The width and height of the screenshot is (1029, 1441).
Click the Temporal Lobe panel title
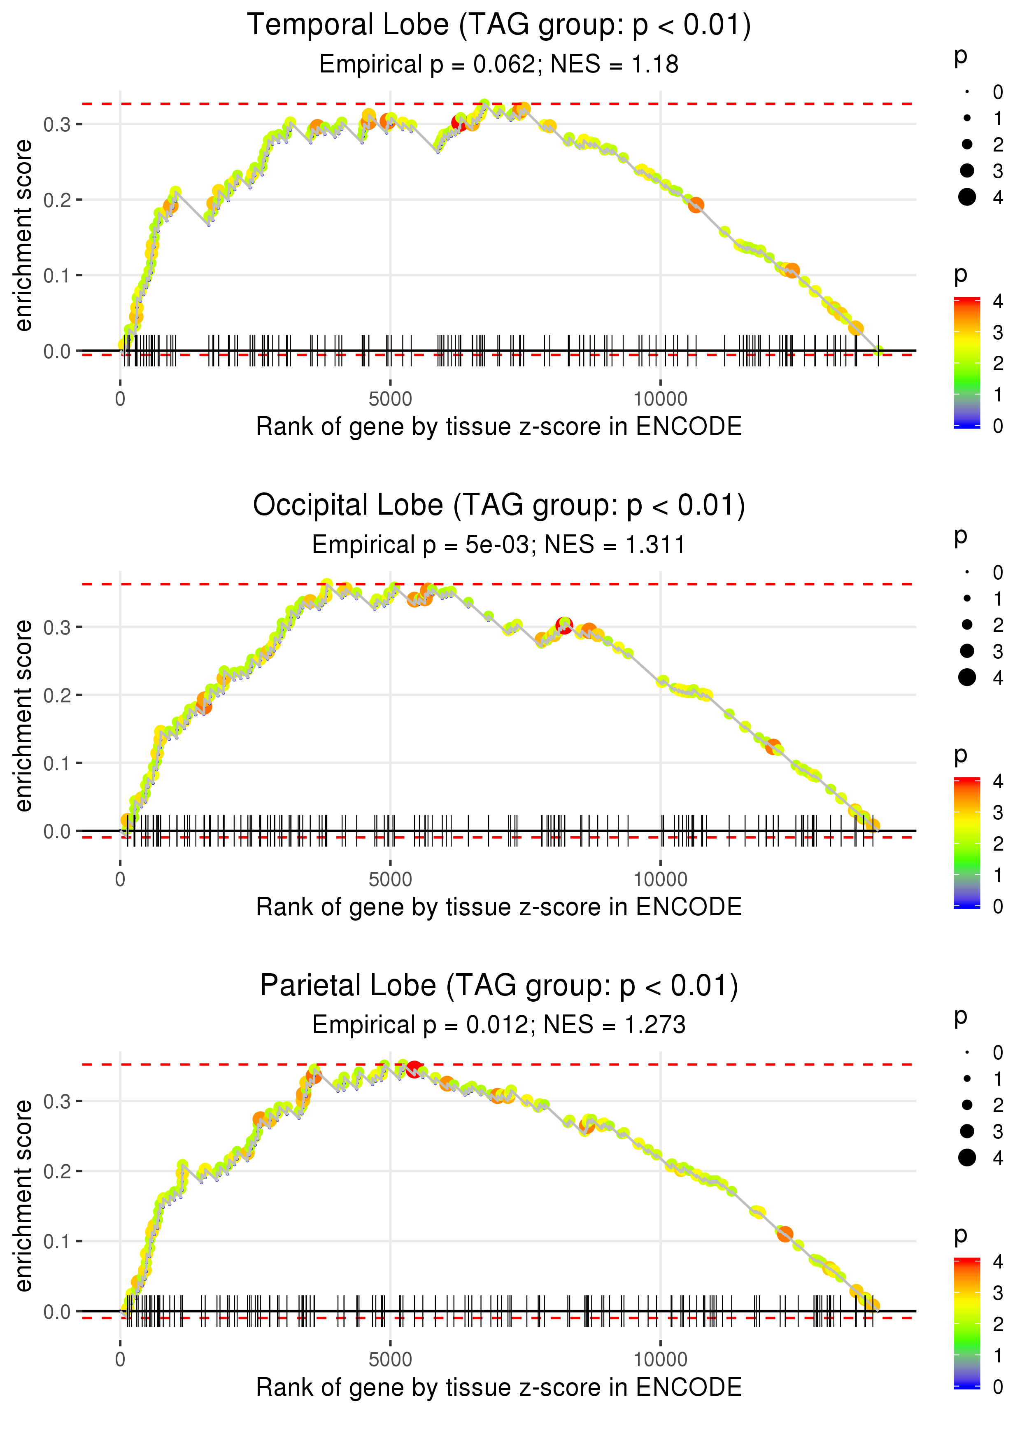pos(499,26)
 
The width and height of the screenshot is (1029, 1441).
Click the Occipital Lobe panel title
pos(499,506)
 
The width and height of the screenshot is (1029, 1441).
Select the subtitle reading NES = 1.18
pos(499,65)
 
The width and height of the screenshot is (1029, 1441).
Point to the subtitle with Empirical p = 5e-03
pos(499,545)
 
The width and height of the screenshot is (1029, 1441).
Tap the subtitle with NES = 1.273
pos(499,1025)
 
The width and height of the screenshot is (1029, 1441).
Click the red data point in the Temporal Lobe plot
pos(459,123)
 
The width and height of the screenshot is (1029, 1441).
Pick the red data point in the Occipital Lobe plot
pos(564,625)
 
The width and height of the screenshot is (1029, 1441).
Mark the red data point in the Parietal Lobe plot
pos(414,1070)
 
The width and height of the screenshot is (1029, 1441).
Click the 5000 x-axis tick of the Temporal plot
pos(390,399)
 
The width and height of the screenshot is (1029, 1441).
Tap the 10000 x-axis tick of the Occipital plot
pos(660,879)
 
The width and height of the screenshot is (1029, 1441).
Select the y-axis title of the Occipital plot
pos(23,716)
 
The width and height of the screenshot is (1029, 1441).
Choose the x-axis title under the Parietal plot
pos(499,1388)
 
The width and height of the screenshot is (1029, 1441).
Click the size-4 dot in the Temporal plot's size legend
pos(967,197)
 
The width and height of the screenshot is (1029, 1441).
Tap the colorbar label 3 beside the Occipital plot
pos(997,812)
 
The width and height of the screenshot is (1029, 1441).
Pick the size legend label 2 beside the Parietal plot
pos(997,1105)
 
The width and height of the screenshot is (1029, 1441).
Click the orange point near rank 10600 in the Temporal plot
pos(696,205)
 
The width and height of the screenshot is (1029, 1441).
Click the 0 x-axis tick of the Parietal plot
pos(120,1360)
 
